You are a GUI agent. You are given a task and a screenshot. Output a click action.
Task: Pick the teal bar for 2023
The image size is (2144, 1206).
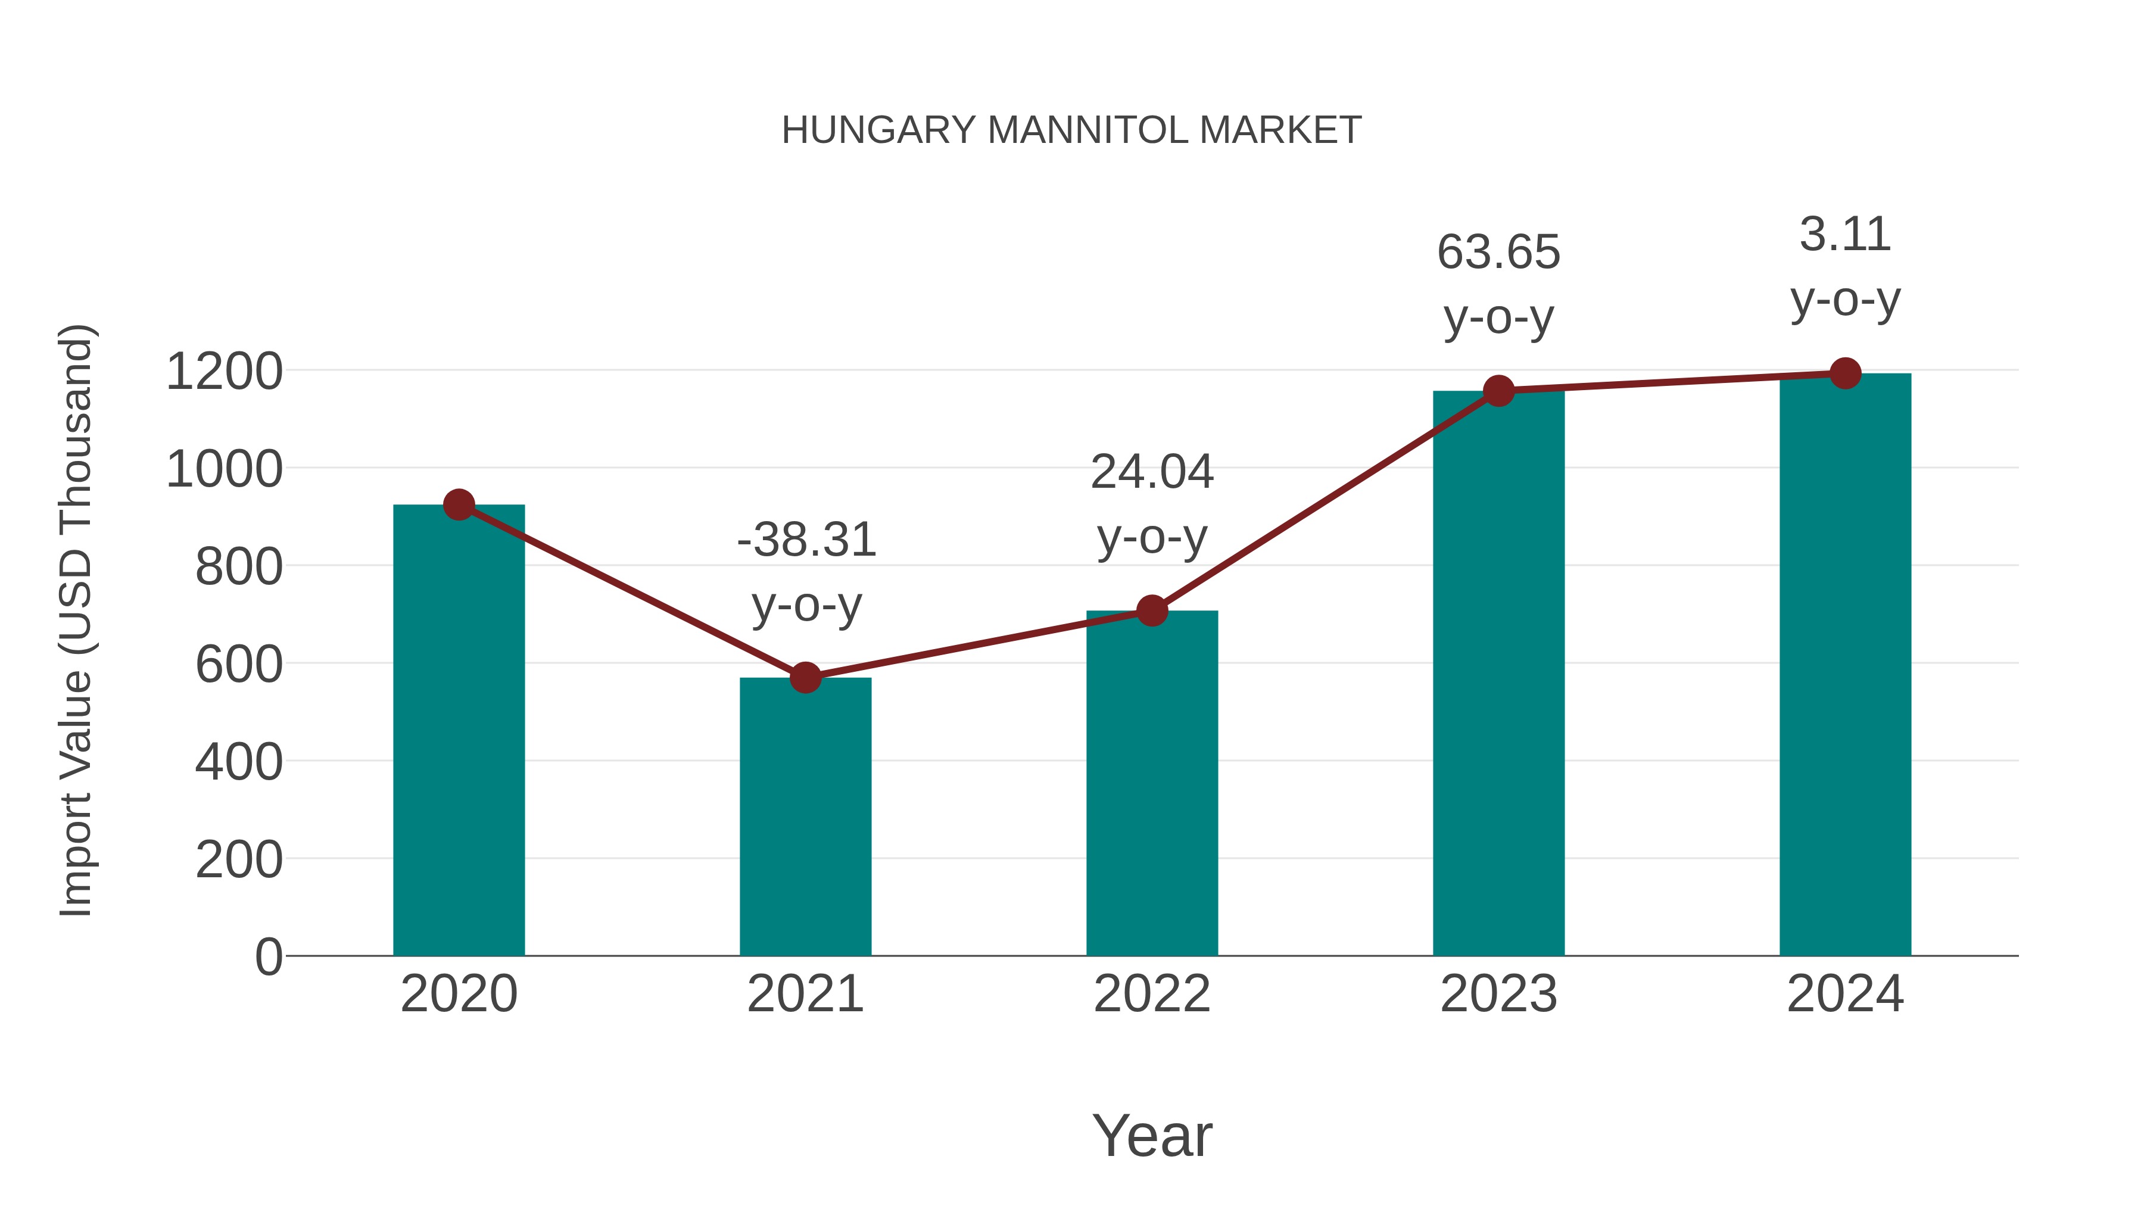coord(1498,674)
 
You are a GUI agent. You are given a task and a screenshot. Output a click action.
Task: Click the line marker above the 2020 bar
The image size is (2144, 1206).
coord(459,504)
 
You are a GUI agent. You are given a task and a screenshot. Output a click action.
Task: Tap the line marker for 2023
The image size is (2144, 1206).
coord(1498,390)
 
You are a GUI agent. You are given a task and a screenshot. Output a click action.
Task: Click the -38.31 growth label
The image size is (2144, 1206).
coord(806,541)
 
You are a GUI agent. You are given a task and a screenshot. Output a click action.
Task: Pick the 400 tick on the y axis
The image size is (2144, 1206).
coord(239,762)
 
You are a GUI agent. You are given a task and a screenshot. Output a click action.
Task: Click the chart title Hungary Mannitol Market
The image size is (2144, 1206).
coord(1071,130)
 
